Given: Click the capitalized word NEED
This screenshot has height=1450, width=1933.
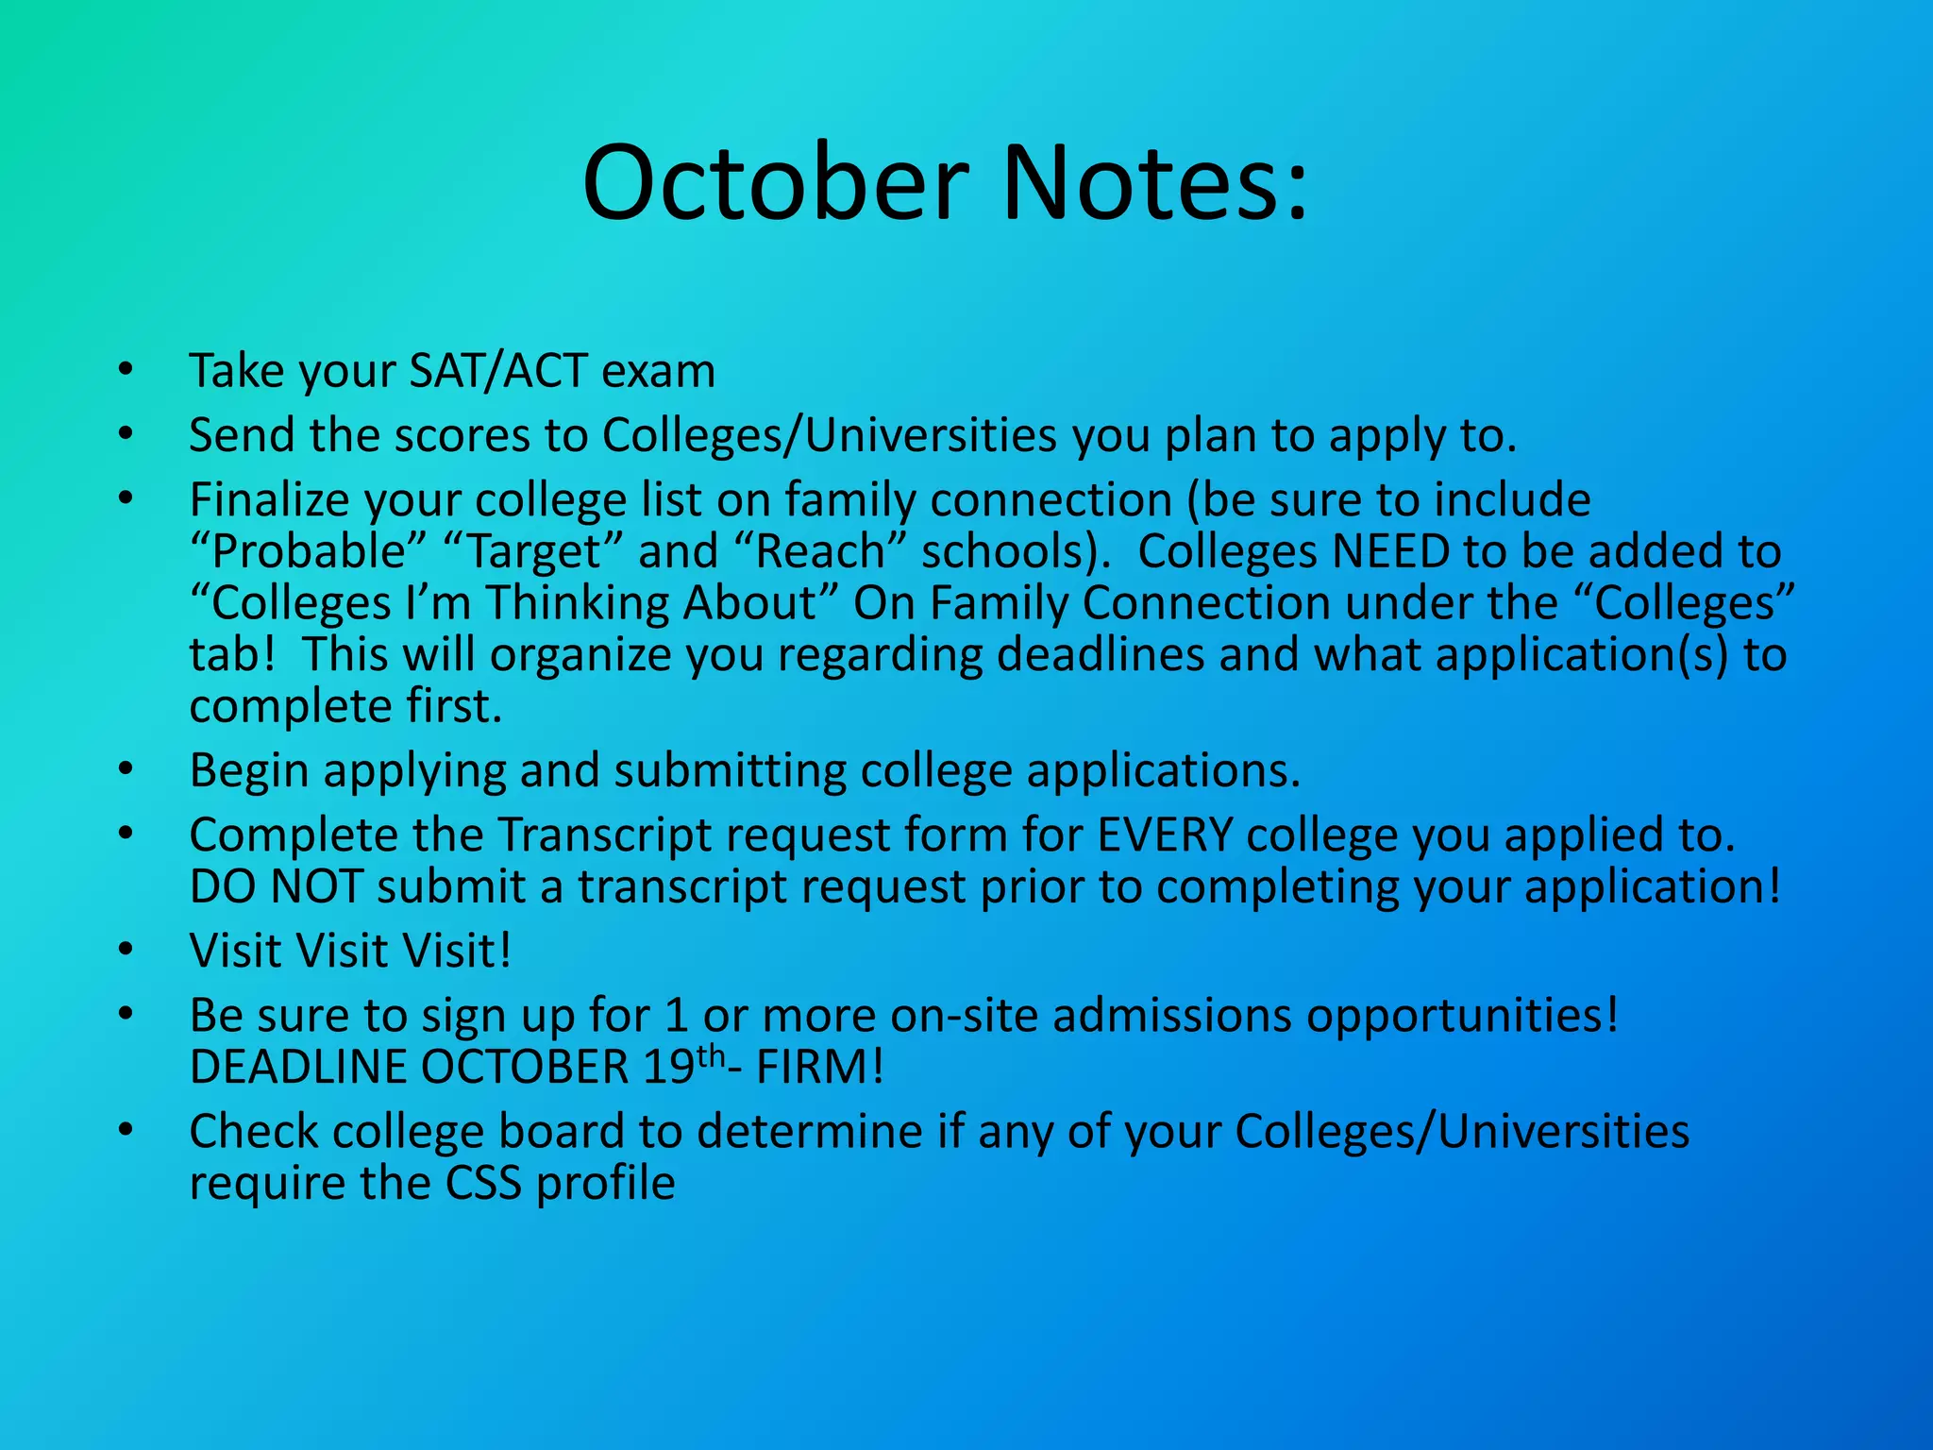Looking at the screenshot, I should point(1389,552).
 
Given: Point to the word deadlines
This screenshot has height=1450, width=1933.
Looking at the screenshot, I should point(1101,655).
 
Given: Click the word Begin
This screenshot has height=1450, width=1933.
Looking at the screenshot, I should point(249,771).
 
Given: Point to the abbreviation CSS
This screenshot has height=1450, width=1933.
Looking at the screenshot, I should point(482,1184).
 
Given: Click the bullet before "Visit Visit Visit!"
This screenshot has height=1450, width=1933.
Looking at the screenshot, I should point(126,949).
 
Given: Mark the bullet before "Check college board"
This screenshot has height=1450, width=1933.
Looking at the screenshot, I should point(126,1129).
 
